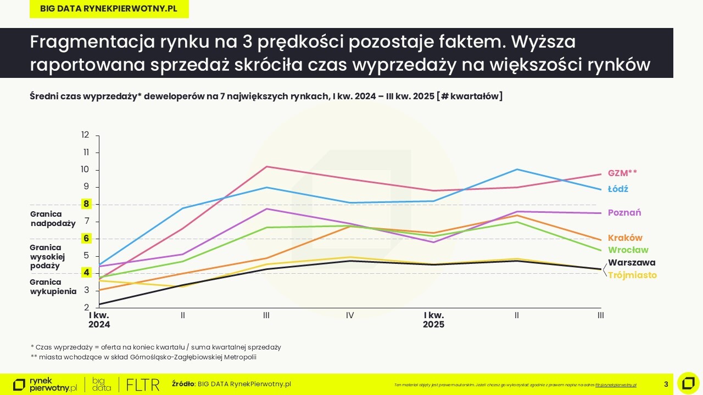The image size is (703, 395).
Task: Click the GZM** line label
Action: [622, 173]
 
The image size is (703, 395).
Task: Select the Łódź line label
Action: [618, 189]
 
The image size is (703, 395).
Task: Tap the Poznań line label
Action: [624, 213]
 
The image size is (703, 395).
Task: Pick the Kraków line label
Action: [625, 238]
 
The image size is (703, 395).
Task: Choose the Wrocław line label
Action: [628, 250]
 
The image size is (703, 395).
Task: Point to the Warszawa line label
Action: [632, 263]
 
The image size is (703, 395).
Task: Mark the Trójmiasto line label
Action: [632, 275]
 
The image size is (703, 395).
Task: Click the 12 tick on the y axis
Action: [85, 135]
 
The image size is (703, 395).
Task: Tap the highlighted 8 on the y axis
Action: [86, 204]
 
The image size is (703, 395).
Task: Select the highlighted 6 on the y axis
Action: [86, 239]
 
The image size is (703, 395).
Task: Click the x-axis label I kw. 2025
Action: [433, 320]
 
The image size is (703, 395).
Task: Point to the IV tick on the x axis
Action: [350, 315]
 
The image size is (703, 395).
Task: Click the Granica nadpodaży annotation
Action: [53, 219]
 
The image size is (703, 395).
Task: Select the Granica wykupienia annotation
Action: [53, 287]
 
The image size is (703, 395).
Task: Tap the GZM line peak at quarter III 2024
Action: [266, 166]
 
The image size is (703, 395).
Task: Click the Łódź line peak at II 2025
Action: [517, 170]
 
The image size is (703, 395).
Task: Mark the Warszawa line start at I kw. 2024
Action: [99, 304]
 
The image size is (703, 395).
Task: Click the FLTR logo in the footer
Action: [142, 384]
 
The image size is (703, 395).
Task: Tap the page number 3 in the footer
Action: [666, 384]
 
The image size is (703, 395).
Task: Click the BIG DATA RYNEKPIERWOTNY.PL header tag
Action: [109, 9]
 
